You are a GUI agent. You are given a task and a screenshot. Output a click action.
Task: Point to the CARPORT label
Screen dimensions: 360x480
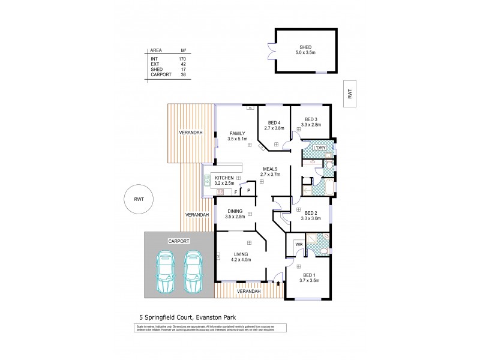(x=179, y=241)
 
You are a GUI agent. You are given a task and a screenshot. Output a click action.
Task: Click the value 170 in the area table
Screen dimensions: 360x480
(x=182, y=59)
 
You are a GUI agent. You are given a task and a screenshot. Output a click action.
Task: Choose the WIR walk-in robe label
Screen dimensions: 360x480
(x=298, y=244)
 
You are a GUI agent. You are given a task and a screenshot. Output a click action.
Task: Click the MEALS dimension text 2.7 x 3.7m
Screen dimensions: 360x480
(x=271, y=175)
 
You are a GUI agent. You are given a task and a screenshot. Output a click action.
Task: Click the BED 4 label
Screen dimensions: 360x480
(x=274, y=123)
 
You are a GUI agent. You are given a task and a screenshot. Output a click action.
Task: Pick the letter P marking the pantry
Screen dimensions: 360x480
(x=248, y=191)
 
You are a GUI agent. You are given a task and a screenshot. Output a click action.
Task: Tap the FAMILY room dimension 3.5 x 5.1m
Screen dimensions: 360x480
(x=238, y=139)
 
